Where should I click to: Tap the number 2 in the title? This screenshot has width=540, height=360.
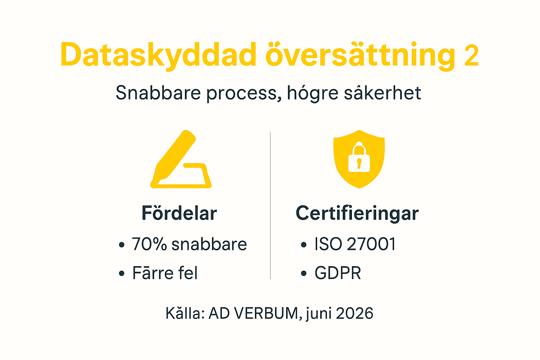coord(471,56)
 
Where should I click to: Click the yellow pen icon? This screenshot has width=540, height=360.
coord(180,160)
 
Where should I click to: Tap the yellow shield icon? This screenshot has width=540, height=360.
coord(359,159)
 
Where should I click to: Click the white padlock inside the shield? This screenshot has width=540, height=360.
coord(359,158)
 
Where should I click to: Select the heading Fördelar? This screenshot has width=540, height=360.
coord(179,213)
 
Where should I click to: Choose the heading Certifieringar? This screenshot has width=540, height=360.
coord(357,214)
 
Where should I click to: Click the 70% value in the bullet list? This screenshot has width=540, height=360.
coord(149,244)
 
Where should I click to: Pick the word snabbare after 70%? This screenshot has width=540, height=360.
coord(209,244)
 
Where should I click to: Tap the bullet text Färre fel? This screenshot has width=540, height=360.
coord(165,273)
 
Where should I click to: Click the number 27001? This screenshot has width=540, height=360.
coord(371,244)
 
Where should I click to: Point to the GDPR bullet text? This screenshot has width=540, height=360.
coord(337,273)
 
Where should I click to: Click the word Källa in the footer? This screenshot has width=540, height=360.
coord(185,313)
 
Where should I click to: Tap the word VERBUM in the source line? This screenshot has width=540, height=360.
coord(266,313)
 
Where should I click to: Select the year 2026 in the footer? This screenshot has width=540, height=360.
coord(354,313)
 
